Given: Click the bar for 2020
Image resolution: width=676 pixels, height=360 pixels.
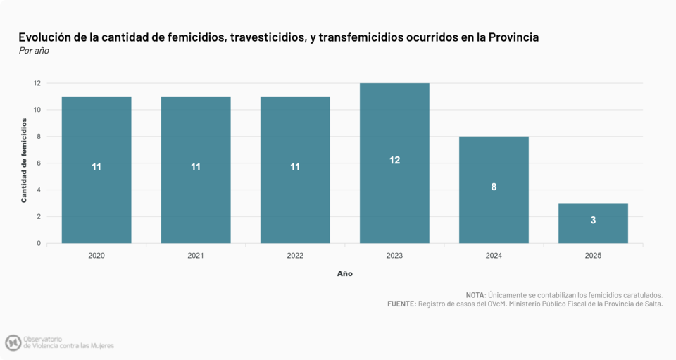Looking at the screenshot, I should [96, 170].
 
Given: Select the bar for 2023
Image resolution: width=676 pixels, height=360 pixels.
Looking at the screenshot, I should [394, 163].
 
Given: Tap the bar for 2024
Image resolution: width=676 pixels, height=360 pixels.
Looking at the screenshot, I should [494, 190].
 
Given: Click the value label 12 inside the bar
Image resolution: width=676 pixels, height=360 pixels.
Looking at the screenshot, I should [394, 161].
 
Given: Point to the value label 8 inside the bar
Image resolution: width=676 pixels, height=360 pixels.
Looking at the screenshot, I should [494, 187].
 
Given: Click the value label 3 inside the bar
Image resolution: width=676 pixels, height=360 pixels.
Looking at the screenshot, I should [593, 221].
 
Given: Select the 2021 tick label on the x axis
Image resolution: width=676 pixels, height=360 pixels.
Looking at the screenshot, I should [196, 256].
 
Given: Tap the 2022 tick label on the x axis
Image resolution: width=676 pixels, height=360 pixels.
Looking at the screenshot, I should [295, 256].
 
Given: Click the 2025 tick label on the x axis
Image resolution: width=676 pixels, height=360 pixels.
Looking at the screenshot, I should [593, 256].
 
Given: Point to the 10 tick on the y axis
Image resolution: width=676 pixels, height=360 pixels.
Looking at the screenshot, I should [36, 110].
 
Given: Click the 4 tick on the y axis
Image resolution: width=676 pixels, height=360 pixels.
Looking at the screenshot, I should [38, 190].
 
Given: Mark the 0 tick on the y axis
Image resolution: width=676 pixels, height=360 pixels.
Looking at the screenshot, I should [38, 244].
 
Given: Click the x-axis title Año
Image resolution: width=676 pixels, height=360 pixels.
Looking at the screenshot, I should [345, 273].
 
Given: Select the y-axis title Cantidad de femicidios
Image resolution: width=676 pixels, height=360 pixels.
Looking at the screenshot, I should [24, 161].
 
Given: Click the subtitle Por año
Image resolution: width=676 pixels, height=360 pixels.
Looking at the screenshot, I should [34, 51].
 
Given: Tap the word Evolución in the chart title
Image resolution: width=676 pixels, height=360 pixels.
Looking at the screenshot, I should [46, 37].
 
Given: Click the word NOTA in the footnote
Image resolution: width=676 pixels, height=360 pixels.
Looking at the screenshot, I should [475, 294].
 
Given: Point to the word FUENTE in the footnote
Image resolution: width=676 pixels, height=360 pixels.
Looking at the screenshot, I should [401, 304].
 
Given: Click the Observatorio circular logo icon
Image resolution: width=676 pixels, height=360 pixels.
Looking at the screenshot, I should [13, 343].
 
